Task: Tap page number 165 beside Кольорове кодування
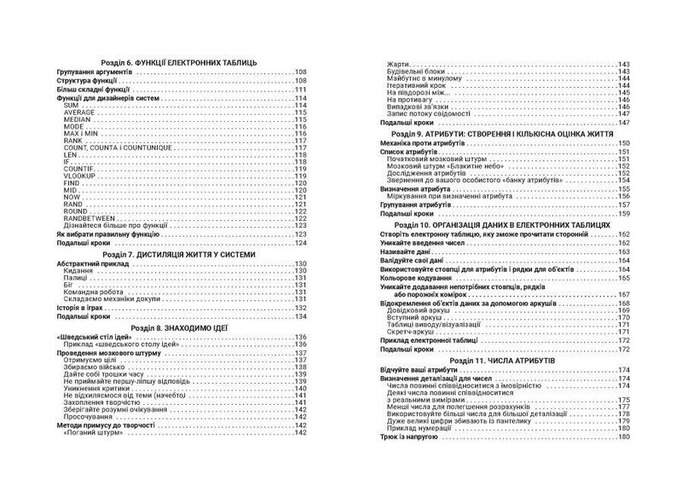(647, 278)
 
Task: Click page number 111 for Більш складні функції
(300, 89)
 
